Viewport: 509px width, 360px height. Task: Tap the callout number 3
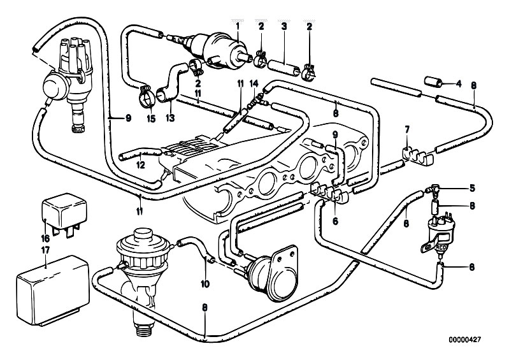pyautogui.click(x=284, y=26)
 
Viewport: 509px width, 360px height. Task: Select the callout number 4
pyautogui.click(x=459, y=83)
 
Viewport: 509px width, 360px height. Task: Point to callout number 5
pyautogui.click(x=472, y=188)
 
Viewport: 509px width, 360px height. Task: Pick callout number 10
pyautogui.click(x=205, y=284)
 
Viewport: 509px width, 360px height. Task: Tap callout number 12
pyautogui.click(x=140, y=165)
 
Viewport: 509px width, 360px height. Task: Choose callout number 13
pyautogui.click(x=171, y=117)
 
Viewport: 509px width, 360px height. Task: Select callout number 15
pyautogui.click(x=150, y=119)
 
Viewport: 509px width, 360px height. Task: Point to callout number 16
pyautogui.click(x=45, y=238)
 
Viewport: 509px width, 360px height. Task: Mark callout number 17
pyautogui.click(x=45, y=250)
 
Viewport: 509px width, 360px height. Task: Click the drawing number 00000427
pyautogui.click(x=465, y=340)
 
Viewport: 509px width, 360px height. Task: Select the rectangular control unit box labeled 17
pyautogui.click(x=53, y=291)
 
